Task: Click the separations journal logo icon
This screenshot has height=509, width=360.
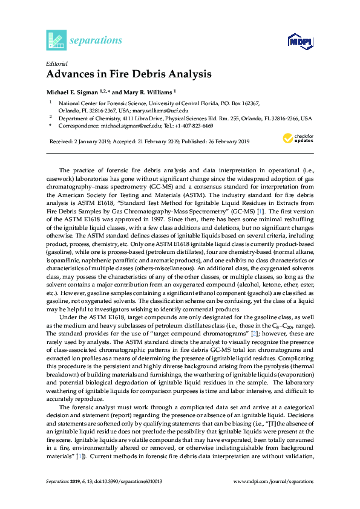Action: [55, 40]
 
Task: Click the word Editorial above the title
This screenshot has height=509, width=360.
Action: [56, 63]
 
